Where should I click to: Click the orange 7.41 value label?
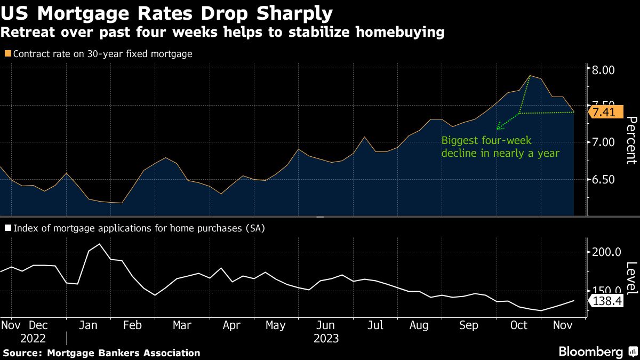coord(604,113)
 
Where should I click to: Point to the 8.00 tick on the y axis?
coord(604,70)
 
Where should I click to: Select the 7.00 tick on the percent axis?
coord(604,142)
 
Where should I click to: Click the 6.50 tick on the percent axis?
coord(604,180)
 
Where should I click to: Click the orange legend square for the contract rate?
coord(7,54)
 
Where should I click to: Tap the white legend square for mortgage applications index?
coord(7,228)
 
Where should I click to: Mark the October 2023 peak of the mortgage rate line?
coord(530,76)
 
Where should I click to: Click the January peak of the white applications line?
coord(100,244)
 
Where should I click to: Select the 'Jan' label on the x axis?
coord(87,325)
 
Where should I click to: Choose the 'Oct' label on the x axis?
coord(519,325)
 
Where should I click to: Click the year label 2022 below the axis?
coord(34,338)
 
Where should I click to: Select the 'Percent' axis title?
coord(631,140)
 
